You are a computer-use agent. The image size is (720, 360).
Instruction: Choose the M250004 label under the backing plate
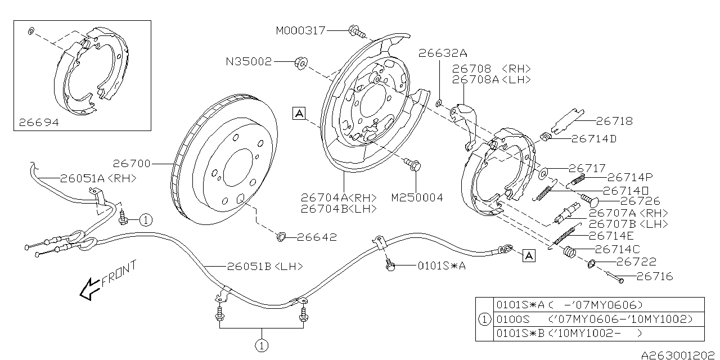pyautogui.click(x=417, y=197)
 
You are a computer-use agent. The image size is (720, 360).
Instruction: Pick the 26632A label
pyautogui.click(x=443, y=53)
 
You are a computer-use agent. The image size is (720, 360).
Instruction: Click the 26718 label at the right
pyautogui.click(x=614, y=120)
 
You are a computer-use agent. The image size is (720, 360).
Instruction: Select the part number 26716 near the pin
pyautogui.click(x=654, y=276)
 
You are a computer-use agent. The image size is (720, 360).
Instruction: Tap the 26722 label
pyautogui.click(x=636, y=262)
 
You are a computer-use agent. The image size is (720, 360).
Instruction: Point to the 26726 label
pyautogui.click(x=640, y=201)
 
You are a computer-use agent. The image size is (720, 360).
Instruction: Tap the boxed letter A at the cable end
pyautogui.click(x=528, y=256)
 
